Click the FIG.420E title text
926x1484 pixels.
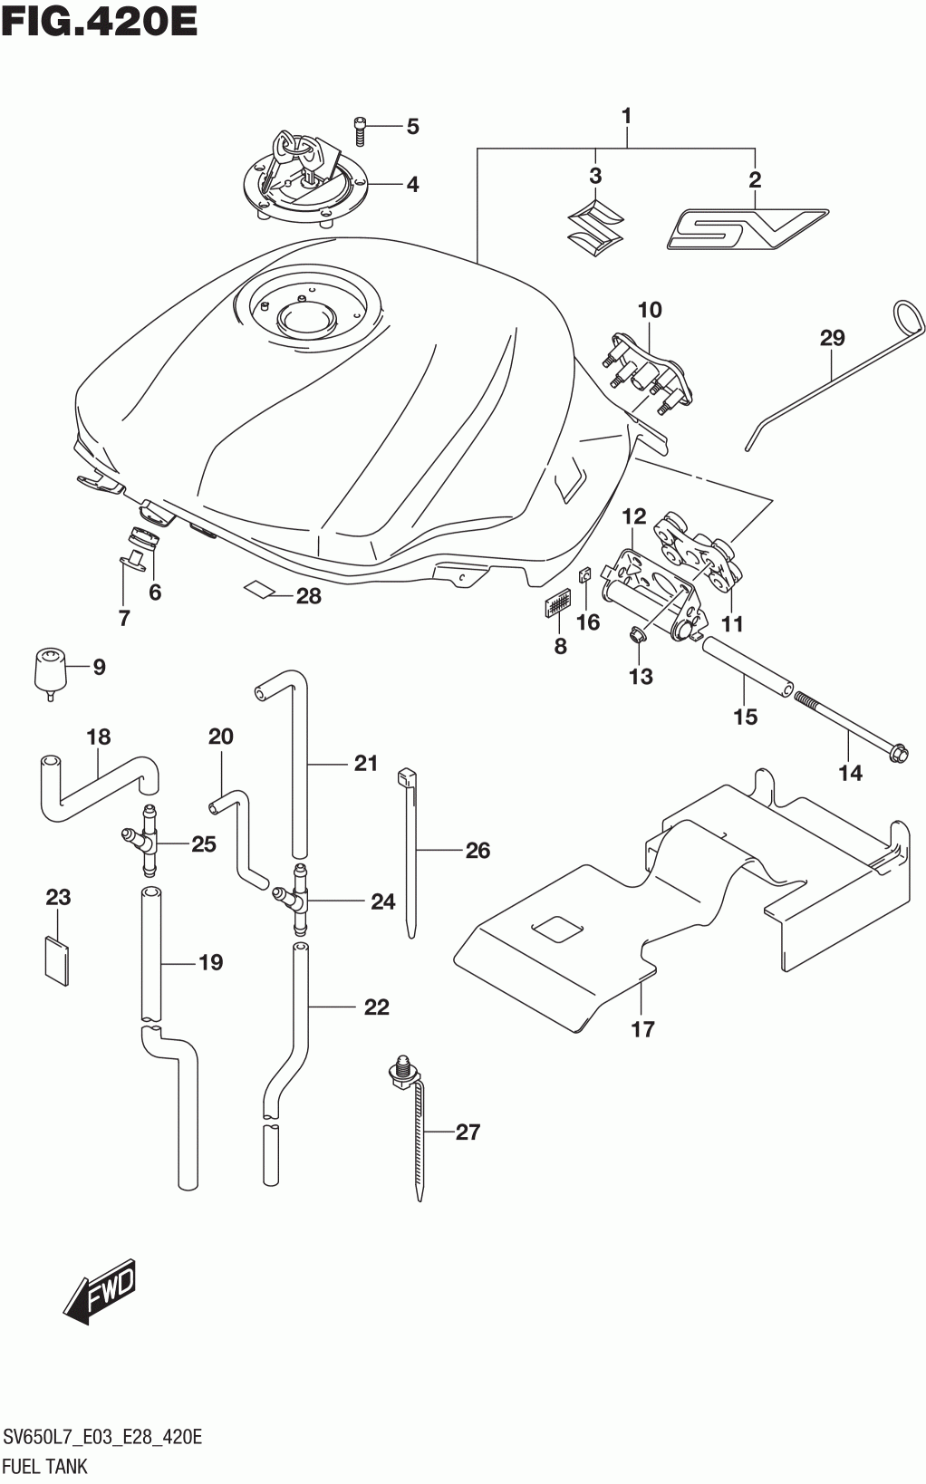pyautogui.click(x=99, y=22)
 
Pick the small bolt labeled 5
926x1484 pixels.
pyautogui.click(x=360, y=130)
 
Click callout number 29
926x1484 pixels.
pyautogui.click(x=832, y=338)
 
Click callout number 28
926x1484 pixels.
pyautogui.click(x=308, y=595)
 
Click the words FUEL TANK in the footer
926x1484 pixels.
pyautogui.click(x=45, y=1465)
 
